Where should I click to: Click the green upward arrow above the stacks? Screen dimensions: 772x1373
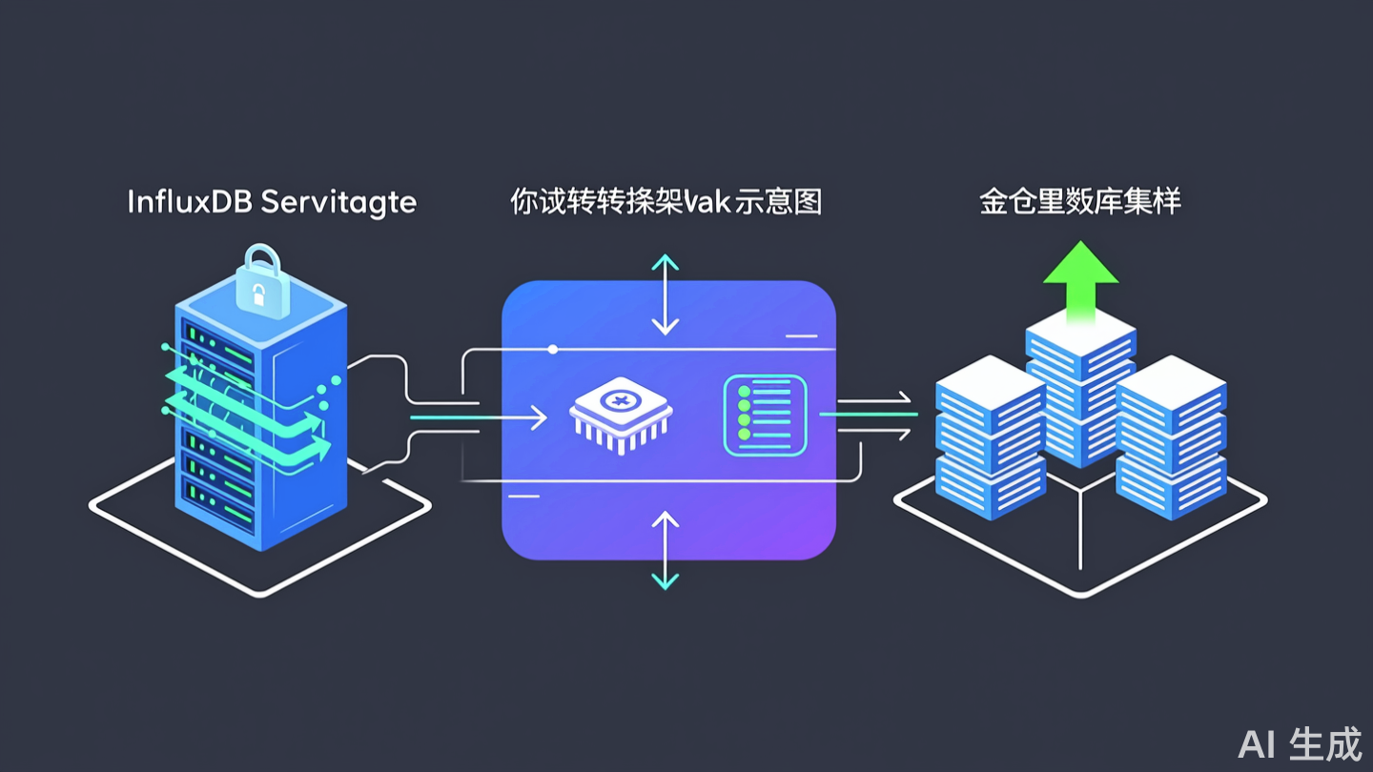pyautogui.click(x=1080, y=276)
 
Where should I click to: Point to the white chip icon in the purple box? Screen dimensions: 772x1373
pyautogui.click(x=621, y=416)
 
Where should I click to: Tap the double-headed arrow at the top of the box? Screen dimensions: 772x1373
pyautogui.click(x=665, y=295)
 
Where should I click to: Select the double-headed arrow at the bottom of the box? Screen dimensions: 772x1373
pyautogui.click(x=665, y=549)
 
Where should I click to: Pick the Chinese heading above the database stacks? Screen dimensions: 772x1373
pyautogui.click(x=1080, y=202)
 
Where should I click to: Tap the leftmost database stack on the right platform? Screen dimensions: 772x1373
pyautogui.click(x=990, y=438)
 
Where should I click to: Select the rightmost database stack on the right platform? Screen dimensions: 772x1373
pyautogui.click(x=1171, y=438)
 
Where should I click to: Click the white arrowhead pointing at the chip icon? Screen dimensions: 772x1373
pyautogui.click(x=540, y=416)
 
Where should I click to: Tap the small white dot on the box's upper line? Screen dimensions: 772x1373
pyautogui.click(x=553, y=350)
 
